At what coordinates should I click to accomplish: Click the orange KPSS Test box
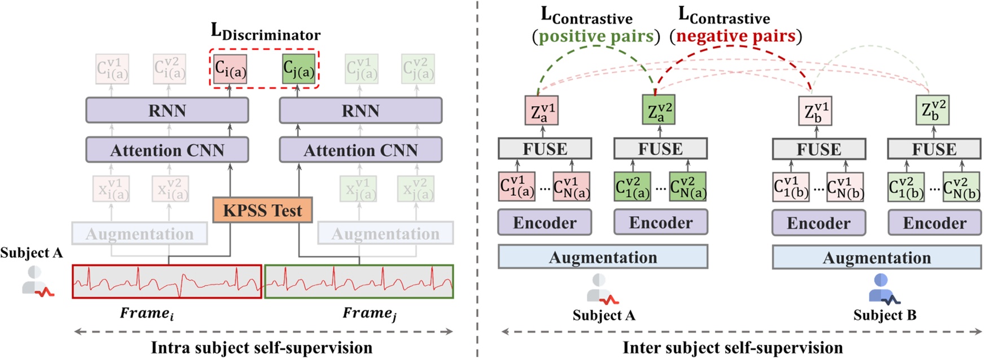coord(262,210)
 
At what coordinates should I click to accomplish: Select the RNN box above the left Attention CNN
coord(167,110)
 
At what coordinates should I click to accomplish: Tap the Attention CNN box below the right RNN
coord(361,150)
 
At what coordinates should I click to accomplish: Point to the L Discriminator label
coord(265,32)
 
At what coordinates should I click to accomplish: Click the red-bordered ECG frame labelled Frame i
coord(167,281)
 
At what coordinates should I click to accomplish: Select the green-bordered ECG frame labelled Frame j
coord(359,281)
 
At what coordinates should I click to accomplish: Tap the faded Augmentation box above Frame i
coord(139,234)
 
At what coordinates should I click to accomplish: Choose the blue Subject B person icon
coord(883,289)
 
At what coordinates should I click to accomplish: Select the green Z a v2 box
coord(658,110)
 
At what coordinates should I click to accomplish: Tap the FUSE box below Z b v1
coord(819,149)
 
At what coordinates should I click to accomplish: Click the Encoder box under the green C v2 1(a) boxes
coord(660,222)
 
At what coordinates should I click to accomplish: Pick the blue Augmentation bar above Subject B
coord(876,257)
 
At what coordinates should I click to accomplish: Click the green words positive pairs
coord(596,37)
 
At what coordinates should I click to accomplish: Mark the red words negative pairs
coord(736,37)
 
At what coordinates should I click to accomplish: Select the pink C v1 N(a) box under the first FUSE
coord(572,187)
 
